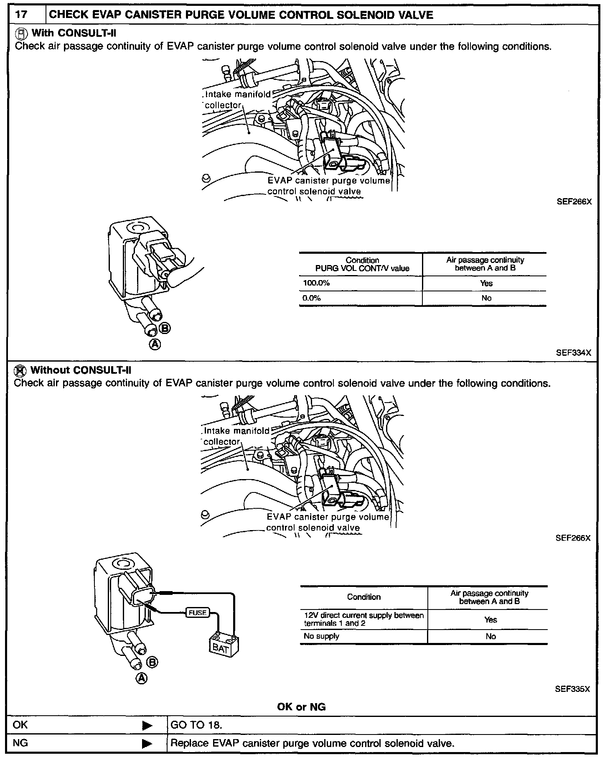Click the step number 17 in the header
tap(21, 15)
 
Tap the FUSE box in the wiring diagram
tap(198, 612)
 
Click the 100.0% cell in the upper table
tap(317, 283)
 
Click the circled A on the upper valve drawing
tap(155, 344)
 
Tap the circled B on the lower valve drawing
tap(152, 662)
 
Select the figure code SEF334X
tap(574, 352)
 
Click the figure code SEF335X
tap(572, 689)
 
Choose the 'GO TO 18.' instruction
tap(196, 725)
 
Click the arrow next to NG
tap(147, 744)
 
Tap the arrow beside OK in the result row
tap(147, 725)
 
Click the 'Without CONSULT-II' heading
tap(81, 370)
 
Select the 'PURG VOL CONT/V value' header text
tap(362, 268)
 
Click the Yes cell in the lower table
tap(490, 620)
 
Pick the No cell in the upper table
tap(486, 298)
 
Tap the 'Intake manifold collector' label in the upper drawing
tap(237, 99)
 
